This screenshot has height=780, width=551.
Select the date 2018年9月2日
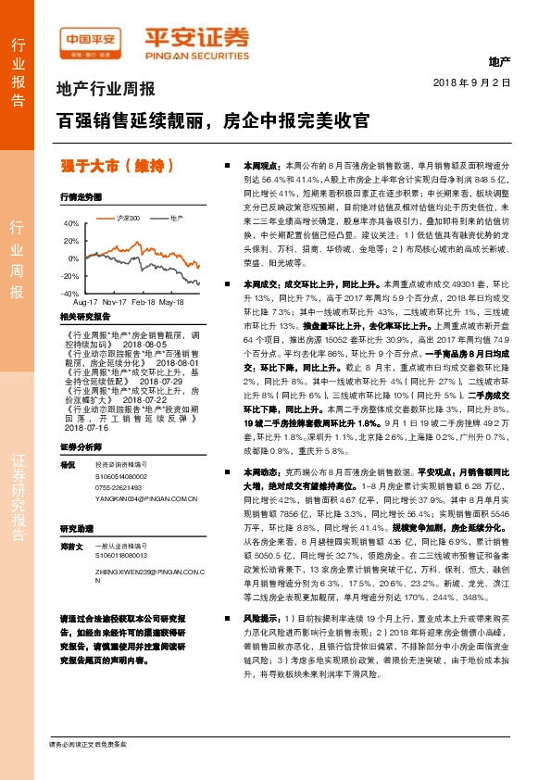click(x=472, y=82)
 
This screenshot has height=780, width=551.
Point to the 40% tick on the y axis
click(x=72, y=224)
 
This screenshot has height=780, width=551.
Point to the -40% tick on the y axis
click(x=71, y=293)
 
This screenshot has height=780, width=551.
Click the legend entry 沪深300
click(x=128, y=218)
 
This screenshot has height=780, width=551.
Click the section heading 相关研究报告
click(x=85, y=317)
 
